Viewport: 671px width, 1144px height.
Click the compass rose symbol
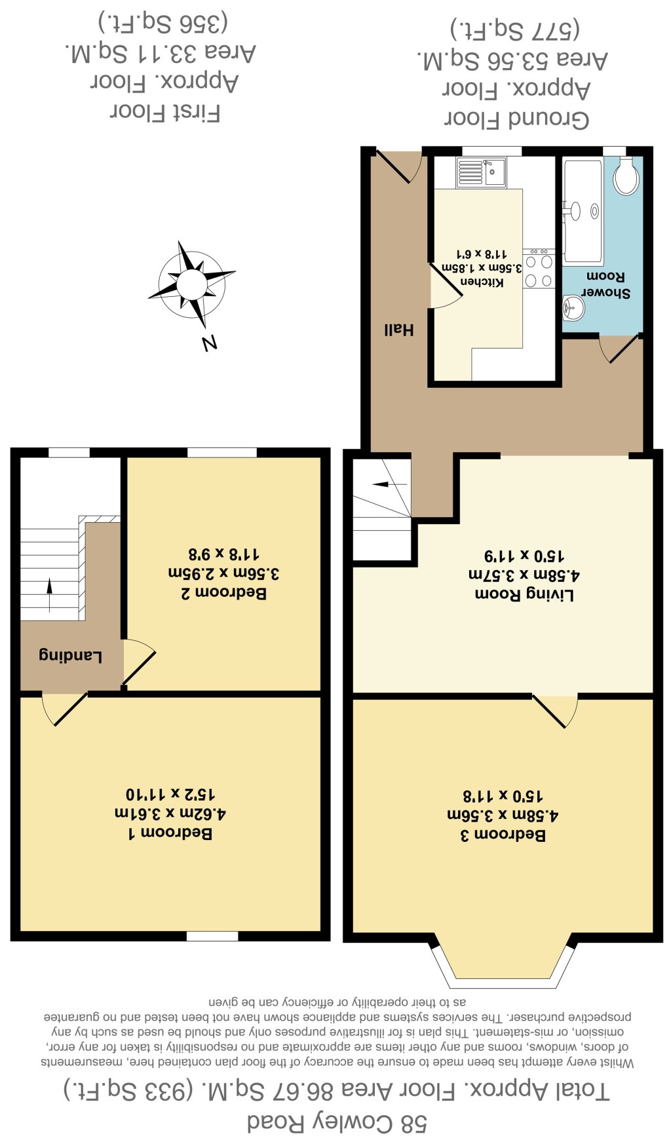(x=192, y=284)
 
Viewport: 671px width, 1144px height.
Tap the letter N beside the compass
(x=210, y=343)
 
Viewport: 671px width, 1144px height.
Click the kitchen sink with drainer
(x=481, y=172)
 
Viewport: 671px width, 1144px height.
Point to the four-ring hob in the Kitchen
(x=539, y=268)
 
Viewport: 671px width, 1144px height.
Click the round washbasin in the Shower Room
(x=573, y=307)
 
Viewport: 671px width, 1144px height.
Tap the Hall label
(x=398, y=330)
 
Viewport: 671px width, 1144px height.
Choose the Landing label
(x=71, y=656)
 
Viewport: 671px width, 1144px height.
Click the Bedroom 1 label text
(x=170, y=833)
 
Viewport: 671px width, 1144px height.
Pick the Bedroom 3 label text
(x=503, y=835)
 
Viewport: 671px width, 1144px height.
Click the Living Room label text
(x=524, y=594)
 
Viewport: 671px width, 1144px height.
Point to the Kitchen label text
(x=482, y=281)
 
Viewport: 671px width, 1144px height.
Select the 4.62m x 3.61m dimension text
(x=170, y=814)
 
